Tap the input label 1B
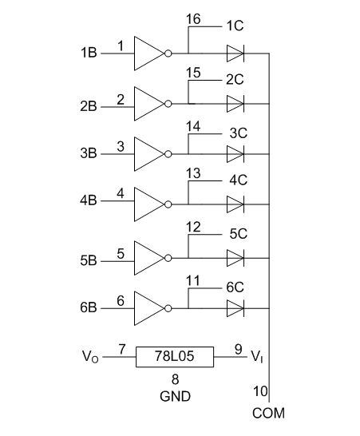(89, 53)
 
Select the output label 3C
(238, 133)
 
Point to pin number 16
(193, 19)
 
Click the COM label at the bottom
(268, 413)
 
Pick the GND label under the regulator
(175, 396)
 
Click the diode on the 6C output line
(235, 308)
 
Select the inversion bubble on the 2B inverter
(168, 104)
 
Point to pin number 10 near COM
(260, 391)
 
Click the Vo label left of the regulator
(90, 356)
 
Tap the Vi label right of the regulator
(257, 356)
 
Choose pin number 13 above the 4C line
(193, 173)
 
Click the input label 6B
(89, 307)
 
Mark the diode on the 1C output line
(235, 54)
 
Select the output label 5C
(238, 233)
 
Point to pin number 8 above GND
(175, 379)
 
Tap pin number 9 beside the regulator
(239, 350)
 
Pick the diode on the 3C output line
(235, 154)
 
